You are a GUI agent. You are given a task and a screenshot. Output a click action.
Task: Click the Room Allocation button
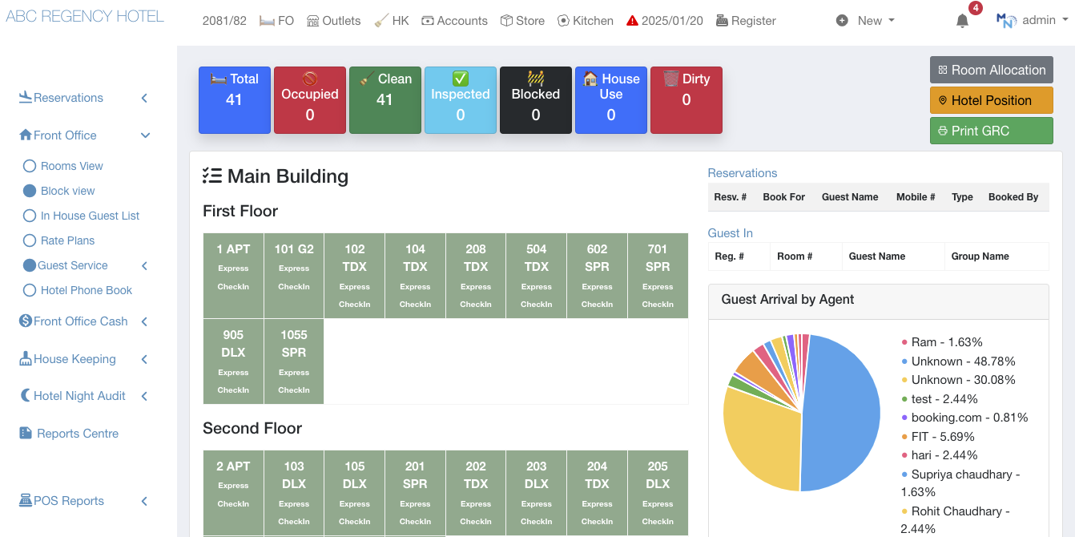(991, 70)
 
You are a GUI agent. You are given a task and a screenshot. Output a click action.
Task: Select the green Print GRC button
(991, 131)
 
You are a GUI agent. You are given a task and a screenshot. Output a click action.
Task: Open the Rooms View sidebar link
(71, 166)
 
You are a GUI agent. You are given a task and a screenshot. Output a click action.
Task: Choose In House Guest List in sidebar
(90, 216)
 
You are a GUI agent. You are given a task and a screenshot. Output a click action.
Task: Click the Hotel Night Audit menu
(79, 396)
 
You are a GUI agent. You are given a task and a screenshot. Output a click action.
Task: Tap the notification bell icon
(962, 22)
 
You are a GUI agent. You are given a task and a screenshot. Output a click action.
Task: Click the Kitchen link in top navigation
(586, 21)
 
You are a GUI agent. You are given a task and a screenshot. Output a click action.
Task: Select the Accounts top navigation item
(454, 21)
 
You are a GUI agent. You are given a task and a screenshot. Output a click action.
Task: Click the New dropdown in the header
(866, 21)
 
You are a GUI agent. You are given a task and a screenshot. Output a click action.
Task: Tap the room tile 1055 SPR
(294, 361)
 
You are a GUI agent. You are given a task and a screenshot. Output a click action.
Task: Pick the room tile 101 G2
(294, 275)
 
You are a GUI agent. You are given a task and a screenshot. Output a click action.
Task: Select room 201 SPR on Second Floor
(415, 492)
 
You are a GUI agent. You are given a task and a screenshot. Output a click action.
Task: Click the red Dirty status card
(686, 99)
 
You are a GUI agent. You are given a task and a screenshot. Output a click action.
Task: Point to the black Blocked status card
(535, 99)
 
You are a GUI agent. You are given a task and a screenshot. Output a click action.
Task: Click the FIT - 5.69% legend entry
(942, 437)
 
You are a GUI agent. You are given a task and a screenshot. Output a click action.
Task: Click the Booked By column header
(1013, 197)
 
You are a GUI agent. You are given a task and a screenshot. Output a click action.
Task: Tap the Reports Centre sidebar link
(77, 434)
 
